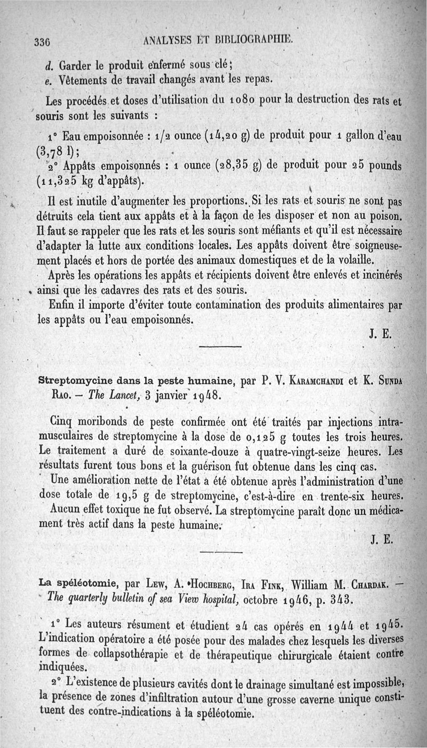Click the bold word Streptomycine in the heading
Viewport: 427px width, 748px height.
(72, 381)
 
